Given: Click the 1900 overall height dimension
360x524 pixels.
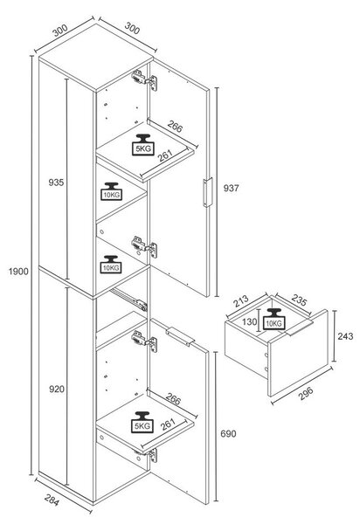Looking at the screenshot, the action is coord(18,272).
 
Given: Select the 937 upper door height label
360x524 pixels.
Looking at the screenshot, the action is coord(231,188).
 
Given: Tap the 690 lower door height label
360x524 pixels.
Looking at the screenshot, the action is coord(228,434).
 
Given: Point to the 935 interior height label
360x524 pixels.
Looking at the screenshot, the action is coord(56,183).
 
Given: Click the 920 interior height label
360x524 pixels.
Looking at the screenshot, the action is coord(57,389).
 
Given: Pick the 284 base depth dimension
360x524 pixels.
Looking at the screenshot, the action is coord(52,500).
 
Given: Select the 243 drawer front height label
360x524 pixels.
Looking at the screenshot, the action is coord(345,336).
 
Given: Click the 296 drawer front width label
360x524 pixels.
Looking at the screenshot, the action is coord(306,393).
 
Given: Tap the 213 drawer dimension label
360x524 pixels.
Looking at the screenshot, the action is coord(241,300).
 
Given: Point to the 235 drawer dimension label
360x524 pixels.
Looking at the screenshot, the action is coord(299,300).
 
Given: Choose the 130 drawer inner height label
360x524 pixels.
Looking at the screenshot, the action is coord(250,321).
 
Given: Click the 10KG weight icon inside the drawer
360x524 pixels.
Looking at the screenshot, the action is coord(274,319).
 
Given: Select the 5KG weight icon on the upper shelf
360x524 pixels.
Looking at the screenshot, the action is coord(143,145).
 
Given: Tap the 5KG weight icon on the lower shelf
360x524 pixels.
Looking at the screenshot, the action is coord(142,422).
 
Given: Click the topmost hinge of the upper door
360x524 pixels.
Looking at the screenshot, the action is coord(144,79).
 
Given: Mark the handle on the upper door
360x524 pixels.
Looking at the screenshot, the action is coord(208,192).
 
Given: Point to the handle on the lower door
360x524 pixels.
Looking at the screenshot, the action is coord(180,336).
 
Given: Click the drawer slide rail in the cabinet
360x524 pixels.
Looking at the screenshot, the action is coord(128,299).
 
